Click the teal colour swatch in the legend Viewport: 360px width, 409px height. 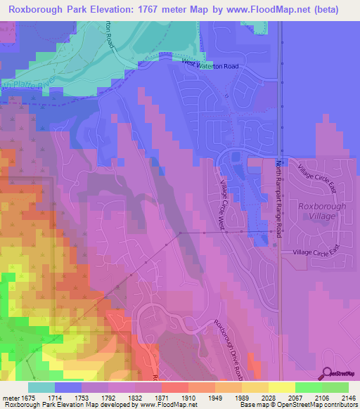41,387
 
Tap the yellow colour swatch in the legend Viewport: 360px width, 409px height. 281,387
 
